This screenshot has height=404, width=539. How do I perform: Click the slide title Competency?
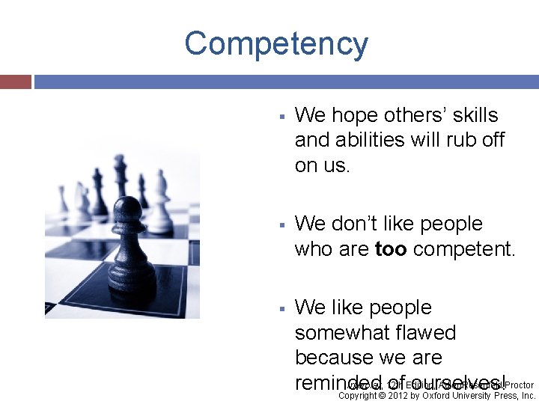click(x=276, y=44)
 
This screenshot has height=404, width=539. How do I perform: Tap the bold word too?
click(x=392, y=248)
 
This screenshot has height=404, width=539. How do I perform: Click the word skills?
click(x=471, y=115)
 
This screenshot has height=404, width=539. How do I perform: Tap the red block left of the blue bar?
click(x=16, y=82)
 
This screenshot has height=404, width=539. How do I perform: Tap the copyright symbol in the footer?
click(x=380, y=396)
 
